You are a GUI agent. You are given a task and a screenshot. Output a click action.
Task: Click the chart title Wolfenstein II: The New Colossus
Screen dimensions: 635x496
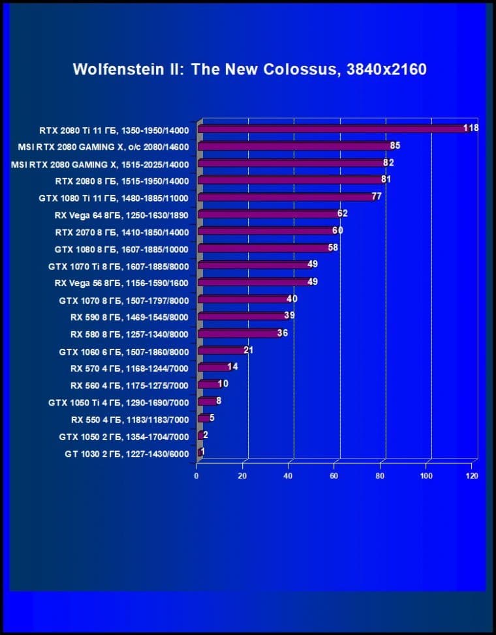coord(249,69)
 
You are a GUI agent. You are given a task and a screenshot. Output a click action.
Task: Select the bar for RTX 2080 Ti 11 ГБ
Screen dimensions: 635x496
coord(333,129)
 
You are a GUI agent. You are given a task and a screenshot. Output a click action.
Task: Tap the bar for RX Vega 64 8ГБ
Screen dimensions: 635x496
coord(268,214)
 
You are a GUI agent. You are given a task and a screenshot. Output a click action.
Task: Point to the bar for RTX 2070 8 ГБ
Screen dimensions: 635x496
coord(266,231)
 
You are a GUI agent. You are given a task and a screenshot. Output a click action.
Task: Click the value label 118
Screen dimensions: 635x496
coord(471,128)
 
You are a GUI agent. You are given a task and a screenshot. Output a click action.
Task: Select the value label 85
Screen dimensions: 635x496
coord(395,145)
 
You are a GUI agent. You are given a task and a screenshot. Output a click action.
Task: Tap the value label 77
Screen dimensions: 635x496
coord(377,196)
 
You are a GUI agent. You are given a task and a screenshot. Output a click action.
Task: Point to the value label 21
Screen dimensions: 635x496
coord(248,350)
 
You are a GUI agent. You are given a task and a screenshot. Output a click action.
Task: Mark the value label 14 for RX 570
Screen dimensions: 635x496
coord(232,367)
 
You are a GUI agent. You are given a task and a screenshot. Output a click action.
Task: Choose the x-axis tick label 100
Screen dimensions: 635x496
coord(426,476)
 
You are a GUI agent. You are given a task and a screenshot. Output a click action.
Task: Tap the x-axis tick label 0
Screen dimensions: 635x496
coord(196,476)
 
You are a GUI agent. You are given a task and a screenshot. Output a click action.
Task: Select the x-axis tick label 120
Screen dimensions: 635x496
coord(472,476)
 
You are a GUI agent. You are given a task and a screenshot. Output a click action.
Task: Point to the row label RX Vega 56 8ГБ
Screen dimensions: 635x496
coord(121,283)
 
